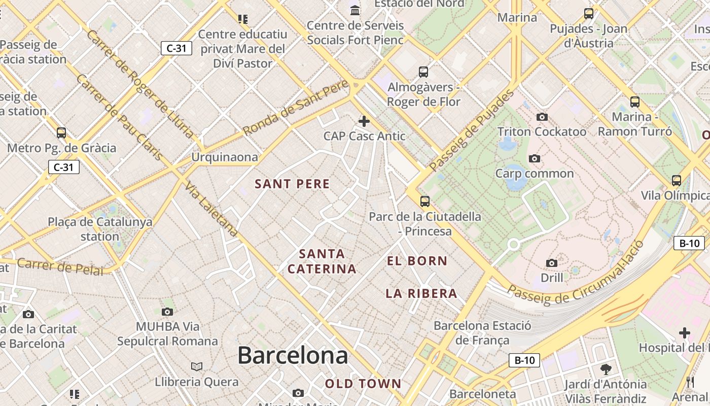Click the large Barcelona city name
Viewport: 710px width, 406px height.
293,355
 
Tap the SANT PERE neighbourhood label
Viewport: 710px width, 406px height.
292,184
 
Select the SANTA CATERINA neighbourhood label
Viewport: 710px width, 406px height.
322,261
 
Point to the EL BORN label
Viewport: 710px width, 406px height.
417,261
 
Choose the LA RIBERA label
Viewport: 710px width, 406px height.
421,293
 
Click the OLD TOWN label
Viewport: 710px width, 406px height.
363,384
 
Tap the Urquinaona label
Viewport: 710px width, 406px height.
224,157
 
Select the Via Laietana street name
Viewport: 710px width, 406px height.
211,209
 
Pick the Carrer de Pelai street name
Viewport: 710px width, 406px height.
59,266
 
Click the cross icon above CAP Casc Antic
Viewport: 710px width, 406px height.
364,121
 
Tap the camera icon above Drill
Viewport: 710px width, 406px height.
552,263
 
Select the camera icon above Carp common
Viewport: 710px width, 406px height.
534,159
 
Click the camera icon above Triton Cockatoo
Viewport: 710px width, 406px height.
542,117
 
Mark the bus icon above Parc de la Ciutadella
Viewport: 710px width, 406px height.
425,201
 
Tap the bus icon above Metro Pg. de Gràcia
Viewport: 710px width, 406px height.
61,133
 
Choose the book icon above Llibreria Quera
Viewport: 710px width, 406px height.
197,366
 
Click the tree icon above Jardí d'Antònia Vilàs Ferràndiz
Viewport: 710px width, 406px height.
606,369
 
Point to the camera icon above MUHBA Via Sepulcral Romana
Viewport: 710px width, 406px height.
167,312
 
